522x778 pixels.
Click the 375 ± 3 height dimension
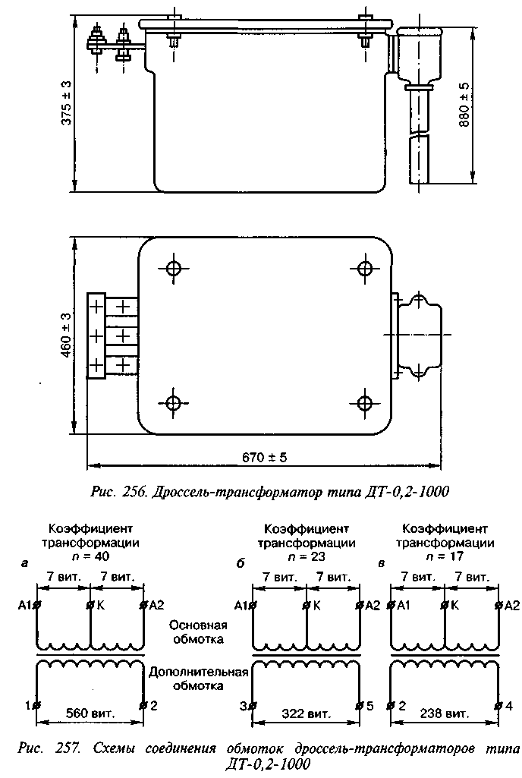[x=67, y=104]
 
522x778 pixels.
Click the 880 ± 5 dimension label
[x=464, y=105]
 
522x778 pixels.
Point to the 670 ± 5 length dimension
[x=265, y=457]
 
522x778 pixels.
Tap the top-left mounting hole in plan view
[x=173, y=269]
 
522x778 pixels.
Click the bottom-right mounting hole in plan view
[x=365, y=402]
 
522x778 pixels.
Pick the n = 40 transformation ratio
[x=90, y=556]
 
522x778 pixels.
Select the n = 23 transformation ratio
[x=307, y=556]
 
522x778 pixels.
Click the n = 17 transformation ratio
[x=445, y=556]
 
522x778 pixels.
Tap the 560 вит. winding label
[x=91, y=713]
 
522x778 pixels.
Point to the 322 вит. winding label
[x=307, y=713]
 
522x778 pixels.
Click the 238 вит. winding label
[x=445, y=713]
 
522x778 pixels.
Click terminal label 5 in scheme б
[x=369, y=705]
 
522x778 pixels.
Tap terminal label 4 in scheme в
[x=508, y=705]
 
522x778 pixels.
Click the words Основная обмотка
[x=198, y=632]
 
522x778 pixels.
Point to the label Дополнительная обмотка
[x=198, y=679]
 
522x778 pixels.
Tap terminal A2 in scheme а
[x=156, y=605]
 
